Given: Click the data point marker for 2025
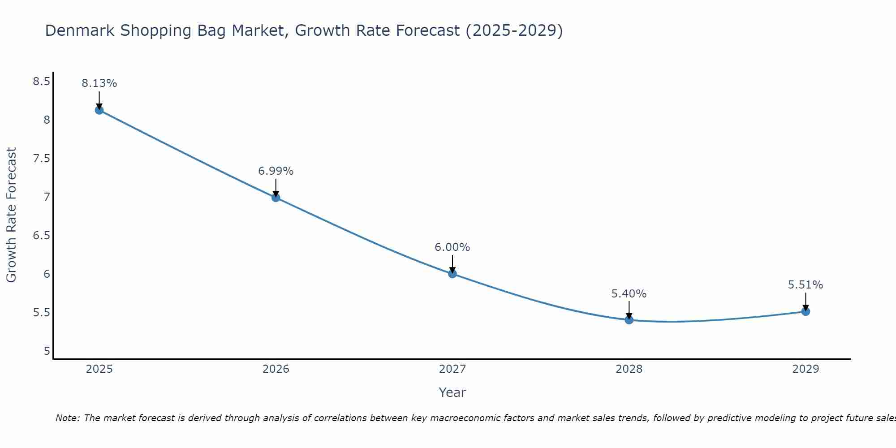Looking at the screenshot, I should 99,110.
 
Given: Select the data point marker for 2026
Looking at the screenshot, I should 276,198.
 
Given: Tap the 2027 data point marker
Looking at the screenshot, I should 452,274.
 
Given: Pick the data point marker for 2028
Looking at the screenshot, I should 629,320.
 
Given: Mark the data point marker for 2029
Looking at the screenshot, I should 806,311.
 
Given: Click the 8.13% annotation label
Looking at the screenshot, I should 99,83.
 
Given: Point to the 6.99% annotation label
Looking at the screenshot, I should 276,171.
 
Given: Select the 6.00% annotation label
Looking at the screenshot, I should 452,247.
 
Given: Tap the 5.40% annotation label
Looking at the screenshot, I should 629,294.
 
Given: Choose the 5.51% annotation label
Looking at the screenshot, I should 806,285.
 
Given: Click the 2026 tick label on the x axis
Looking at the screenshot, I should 276,369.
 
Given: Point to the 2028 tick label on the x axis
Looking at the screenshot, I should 629,369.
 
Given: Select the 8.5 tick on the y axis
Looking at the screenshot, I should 41,82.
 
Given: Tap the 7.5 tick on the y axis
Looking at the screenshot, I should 41,159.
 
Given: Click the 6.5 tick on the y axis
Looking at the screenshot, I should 41,236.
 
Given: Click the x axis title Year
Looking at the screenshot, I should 452,393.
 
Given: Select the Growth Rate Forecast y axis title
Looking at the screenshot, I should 12,215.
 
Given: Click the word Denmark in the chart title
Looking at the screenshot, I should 80,31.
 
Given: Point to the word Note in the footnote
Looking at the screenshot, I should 67,418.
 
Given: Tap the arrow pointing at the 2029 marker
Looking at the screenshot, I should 806,302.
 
